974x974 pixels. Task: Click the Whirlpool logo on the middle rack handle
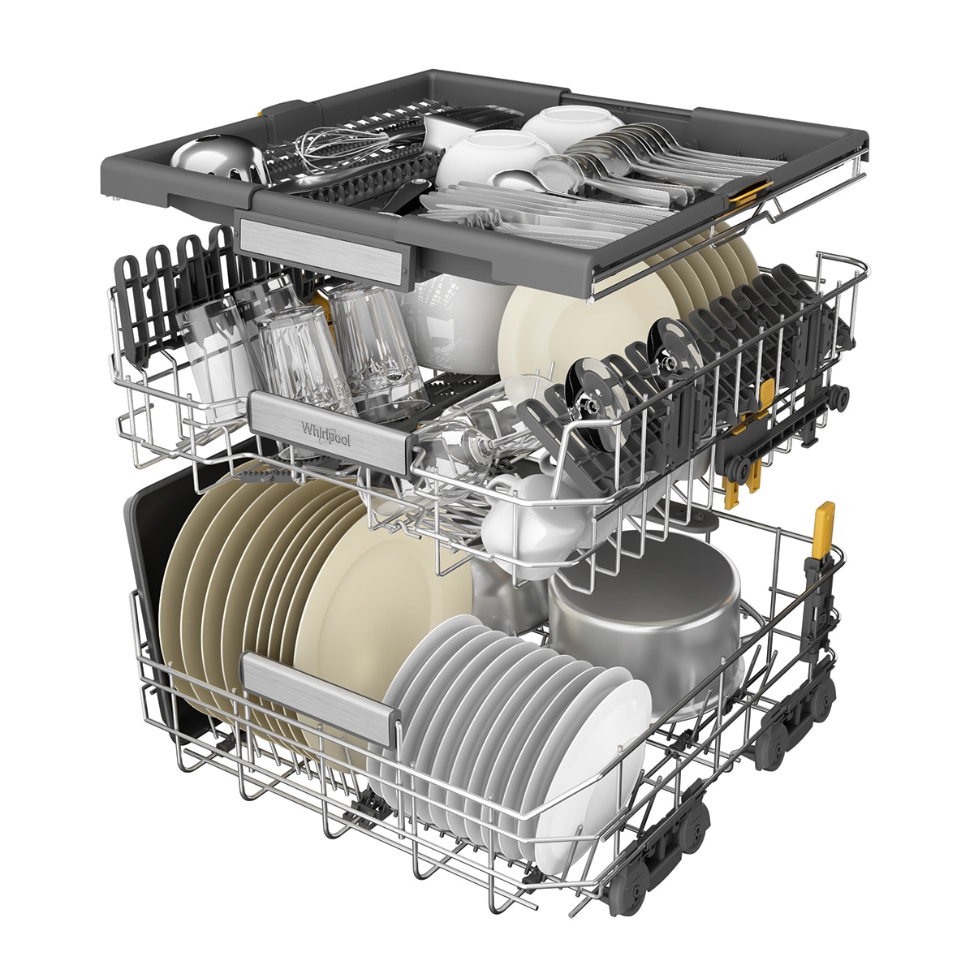pyautogui.click(x=325, y=433)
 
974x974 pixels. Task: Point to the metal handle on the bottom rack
pyautogui.click(x=321, y=697)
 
